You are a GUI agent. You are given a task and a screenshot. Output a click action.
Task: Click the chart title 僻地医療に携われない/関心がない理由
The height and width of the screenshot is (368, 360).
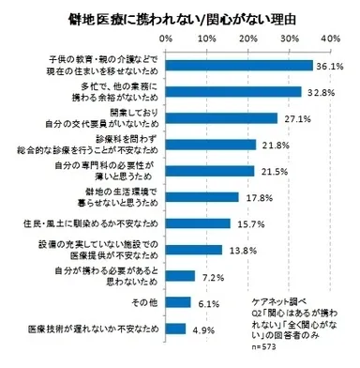[x=179, y=19]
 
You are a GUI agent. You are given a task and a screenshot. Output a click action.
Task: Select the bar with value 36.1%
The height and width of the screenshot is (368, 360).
[x=239, y=66]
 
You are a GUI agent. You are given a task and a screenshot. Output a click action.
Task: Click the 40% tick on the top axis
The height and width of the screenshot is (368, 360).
[x=329, y=39]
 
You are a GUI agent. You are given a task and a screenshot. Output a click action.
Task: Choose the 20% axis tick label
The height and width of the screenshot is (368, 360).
[x=247, y=39]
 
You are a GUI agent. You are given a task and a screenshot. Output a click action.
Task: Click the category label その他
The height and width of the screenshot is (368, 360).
[x=144, y=302]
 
